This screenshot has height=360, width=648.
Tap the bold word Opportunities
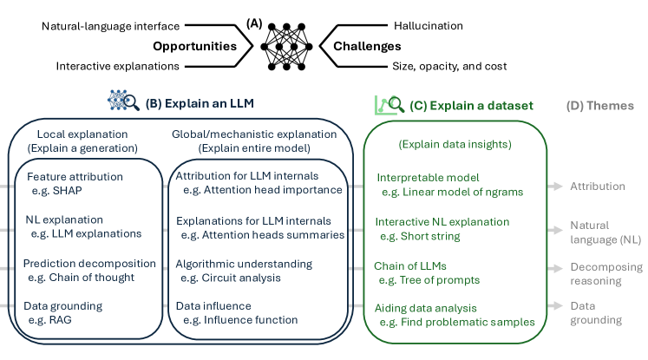tap(195, 46)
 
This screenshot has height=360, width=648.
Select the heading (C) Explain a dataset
tap(474, 106)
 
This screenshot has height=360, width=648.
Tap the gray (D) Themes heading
tap(600, 106)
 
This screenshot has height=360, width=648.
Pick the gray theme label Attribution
tap(597, 186)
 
